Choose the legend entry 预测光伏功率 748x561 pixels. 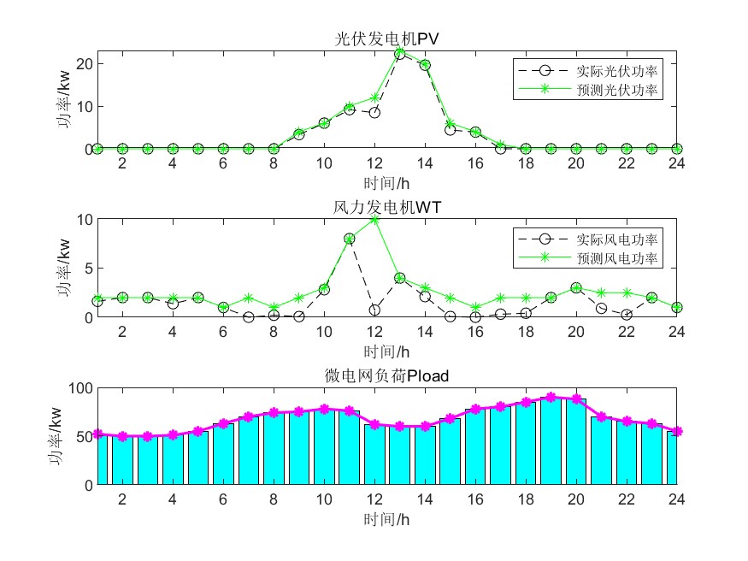click(x=617, y=87)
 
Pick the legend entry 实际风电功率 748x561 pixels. click(x=617, y=238)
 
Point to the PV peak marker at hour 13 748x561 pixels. click(x=399, y=53)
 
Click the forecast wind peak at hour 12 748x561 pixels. click(x=374, y=219)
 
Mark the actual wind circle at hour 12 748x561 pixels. click(x=374, y=310)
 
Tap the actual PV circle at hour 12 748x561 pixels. click(x=374, y=112)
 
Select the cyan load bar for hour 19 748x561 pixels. click(x=551, y=440)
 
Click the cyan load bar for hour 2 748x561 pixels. click(x=122, y=460)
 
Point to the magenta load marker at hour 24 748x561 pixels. click(x=677, y=432)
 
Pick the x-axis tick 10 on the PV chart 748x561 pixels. click(x=324, y=163)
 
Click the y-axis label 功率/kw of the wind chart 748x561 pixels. click(x=64, y=269)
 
